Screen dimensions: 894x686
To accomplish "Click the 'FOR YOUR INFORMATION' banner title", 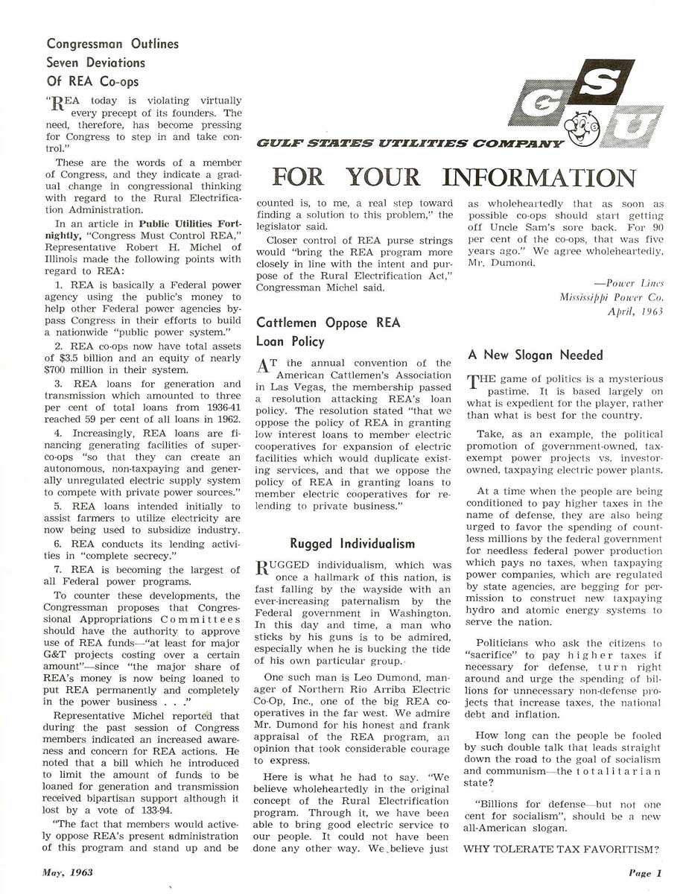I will point(454,177).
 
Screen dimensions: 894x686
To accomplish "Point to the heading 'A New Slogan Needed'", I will point(535,355).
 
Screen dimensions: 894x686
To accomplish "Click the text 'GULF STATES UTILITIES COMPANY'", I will point(409,142).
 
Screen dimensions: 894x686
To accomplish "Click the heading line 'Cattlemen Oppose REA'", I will point(328,323).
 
